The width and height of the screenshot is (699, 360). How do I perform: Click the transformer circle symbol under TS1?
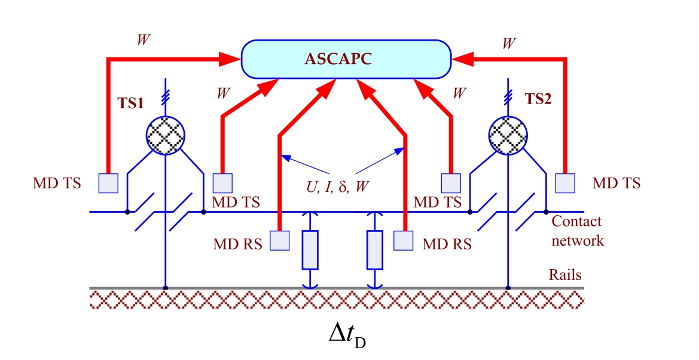click(x=165, y=135)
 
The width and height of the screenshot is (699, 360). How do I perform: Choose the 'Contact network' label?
click(x=577, y=231)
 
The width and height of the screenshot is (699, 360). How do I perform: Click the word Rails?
click(x=565, y=275)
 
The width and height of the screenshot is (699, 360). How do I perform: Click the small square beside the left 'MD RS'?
click(x=280, y=240)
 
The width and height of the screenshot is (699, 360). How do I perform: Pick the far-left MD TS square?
click(x=108, y=182)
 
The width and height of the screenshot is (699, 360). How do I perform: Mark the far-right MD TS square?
click(x=564, y=182)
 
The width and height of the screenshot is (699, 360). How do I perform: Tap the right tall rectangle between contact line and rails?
click(x=375, y=249)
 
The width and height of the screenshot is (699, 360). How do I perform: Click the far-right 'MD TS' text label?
click(x=616, y=182)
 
